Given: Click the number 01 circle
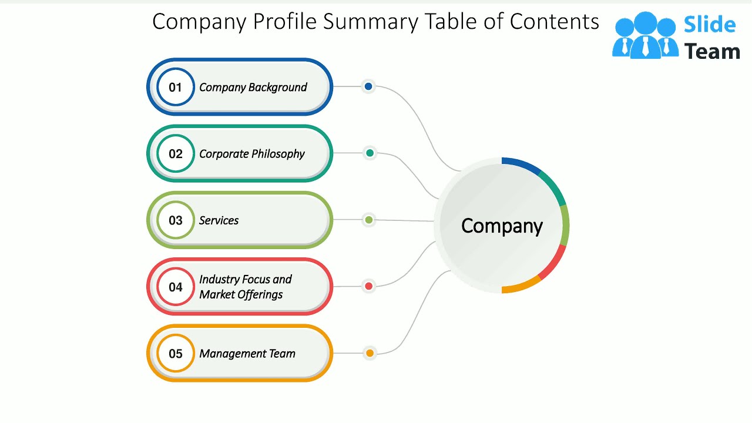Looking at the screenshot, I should point(175,88).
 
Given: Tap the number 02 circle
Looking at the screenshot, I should point(175,154).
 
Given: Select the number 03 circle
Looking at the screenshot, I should point(175,220).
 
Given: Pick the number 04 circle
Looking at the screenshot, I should point(175,287).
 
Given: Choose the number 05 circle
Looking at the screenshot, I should point(175,354).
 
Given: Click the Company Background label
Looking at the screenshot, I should point(253,88).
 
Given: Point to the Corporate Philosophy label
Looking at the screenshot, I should point(251,154).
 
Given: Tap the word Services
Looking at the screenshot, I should point(219,221).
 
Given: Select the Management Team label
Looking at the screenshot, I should point(247,354).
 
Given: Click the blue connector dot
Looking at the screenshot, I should point(368,86).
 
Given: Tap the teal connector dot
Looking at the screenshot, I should point(370,153).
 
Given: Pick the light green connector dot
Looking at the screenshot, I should point(368,220).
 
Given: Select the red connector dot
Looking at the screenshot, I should point(369,286).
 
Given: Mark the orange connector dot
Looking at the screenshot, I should point(370,353).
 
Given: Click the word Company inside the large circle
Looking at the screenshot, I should point(502,226).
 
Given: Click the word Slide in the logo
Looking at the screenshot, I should point(709,25).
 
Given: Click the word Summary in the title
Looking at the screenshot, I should point(371,22).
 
